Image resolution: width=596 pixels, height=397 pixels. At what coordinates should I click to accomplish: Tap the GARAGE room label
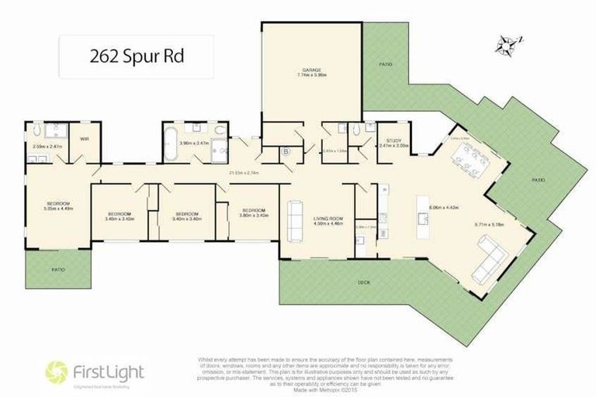click(x=311, y=69)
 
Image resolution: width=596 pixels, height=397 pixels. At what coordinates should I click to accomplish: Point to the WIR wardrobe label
click(x=84, y=139)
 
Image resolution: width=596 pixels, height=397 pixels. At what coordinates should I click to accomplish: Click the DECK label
click(x=363, y=283)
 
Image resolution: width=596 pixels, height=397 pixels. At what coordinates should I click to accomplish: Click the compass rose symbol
click(x=509, y=44)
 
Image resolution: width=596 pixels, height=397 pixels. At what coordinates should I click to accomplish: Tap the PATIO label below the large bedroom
click(x=59, y=269)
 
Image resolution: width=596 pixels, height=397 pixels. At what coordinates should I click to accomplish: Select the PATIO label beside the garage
click(x=385, y=64)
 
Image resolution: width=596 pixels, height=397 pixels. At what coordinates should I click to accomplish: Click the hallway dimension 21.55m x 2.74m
click(x=242, y=172)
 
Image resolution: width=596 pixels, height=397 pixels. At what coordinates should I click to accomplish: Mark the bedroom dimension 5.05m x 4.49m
click(x=57, y=208)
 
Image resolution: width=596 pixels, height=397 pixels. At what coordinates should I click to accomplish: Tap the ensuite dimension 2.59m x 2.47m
click(x=47, y=146)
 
